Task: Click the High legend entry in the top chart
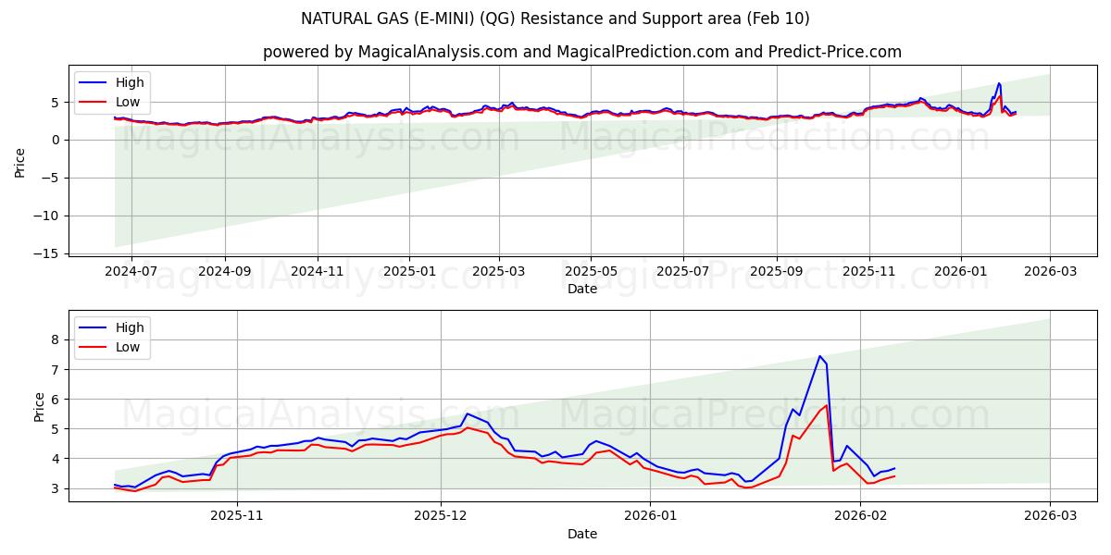point(129,82)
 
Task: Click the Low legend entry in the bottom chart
point(128,347)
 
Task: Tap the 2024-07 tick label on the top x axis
point(131,272)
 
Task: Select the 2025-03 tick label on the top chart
point(499,272)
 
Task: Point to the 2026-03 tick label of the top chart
point(1050,272)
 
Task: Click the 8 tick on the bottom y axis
point(53,339)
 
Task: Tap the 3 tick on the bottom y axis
point(53,488)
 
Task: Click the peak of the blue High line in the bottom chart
point(819,356)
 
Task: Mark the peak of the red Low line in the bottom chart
point(827,405)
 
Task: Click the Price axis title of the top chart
point(20,161)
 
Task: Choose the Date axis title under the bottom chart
point(582,534)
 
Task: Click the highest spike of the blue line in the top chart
point(999,83)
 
